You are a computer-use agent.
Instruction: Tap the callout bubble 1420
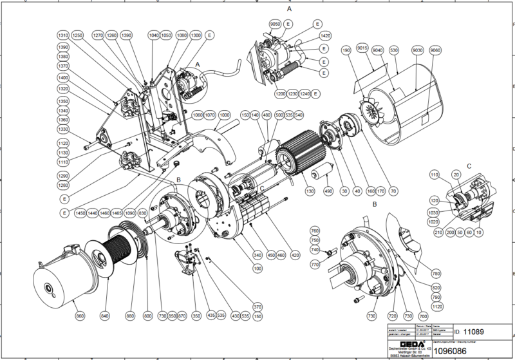click(x=325, y=36)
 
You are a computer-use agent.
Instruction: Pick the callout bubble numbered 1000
click(x=225, y=115)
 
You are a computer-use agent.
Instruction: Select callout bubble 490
click(x=328, y=191)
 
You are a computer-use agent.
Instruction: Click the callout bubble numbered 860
click(x=80, y=316)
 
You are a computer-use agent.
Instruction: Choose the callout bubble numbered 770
click(x=315, y=264)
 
